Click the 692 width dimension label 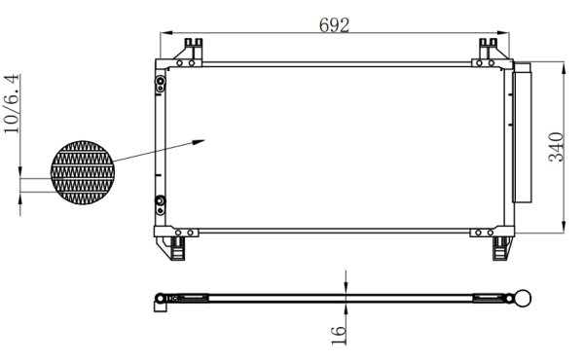(334, 25)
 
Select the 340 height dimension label (556, 147)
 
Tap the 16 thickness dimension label (338, 335)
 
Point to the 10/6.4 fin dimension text (12, 104)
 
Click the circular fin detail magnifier (83, 172)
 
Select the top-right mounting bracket (490, 53)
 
